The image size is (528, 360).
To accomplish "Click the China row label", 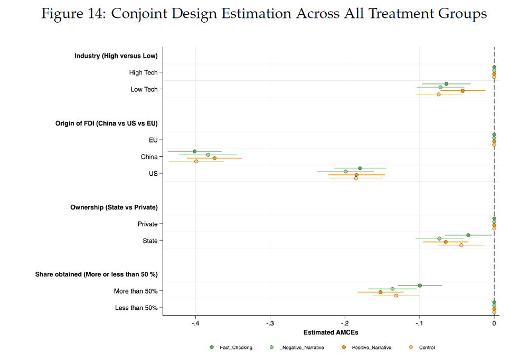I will [149, 157].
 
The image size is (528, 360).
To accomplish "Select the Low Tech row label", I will [144, 90].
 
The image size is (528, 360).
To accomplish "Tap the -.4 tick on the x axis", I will [196, 323].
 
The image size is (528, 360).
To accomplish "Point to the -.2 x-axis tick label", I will [345, 323].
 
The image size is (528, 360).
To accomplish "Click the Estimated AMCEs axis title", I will [331, 333].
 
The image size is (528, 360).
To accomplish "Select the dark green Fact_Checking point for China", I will [195, 151].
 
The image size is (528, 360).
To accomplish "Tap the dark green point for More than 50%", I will [420, 286].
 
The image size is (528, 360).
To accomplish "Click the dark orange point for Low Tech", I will [463, 91].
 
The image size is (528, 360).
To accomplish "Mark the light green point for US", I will [346, 172].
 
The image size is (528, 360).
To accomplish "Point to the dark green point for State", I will [468, 235].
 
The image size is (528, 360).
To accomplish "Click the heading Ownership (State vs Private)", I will [114, 207].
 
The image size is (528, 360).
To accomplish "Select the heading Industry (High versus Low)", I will [116, 56].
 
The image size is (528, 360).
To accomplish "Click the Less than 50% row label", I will [136, 308].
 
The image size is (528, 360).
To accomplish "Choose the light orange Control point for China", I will [196, 162].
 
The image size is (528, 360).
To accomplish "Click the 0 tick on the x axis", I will [494, 323].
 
